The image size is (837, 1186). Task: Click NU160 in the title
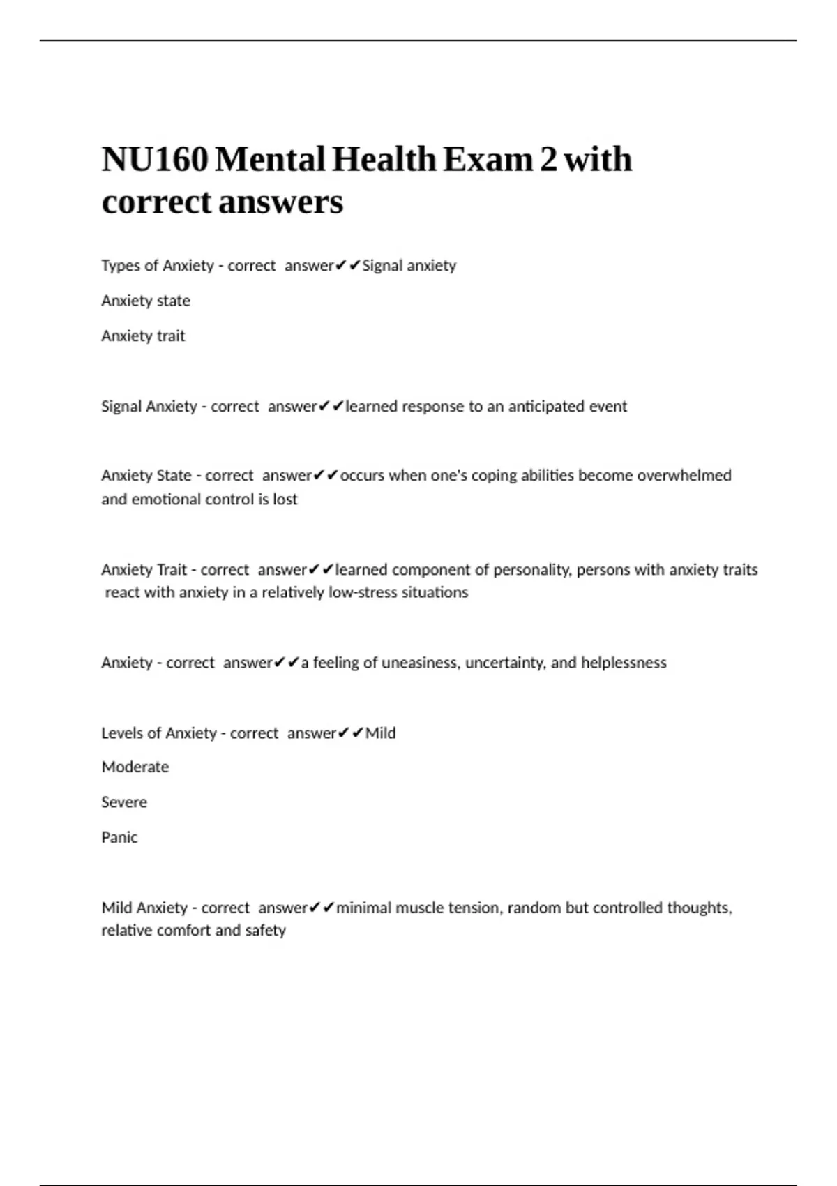tap(155, 160)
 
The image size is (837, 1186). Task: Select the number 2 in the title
tap(548, 160)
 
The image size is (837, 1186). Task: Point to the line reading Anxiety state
tap(146, 301)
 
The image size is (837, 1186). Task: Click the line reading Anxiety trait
tap(143, 336)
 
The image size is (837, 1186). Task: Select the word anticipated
tap(545, 406)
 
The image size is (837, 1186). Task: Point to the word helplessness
tap(624, 662)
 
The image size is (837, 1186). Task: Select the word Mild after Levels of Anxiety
tap(381, 733)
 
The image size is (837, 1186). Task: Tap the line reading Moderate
tap(135, 767)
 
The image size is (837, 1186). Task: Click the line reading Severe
tap(124, 802)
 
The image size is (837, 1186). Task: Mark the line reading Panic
tap(119, 837)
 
